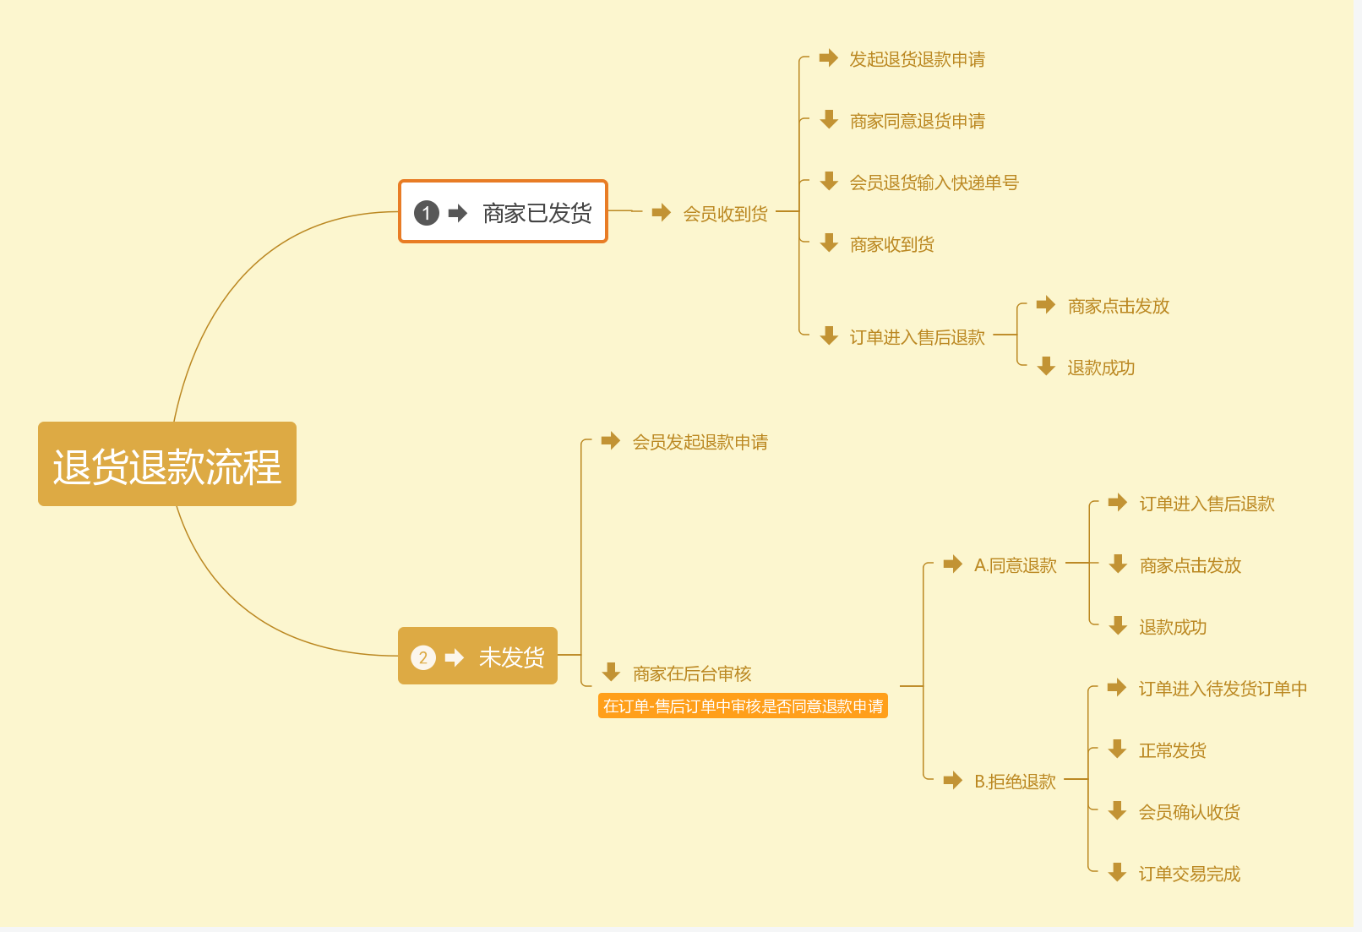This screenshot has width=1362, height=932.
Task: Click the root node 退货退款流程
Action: [167, 465]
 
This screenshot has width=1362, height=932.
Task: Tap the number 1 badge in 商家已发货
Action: [427, 213]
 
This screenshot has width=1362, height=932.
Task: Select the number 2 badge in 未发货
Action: [423, 657]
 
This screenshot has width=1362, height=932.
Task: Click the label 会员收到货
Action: [725, 214]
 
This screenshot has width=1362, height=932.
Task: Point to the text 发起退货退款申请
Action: [917, 59]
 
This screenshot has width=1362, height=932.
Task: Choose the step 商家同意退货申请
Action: [917, 121]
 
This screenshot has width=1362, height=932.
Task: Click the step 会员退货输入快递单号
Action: [934, 183]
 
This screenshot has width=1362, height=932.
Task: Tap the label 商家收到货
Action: [891, 244]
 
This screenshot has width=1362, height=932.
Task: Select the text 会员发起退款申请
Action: [700, 442]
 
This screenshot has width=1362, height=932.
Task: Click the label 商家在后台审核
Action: [692, 673]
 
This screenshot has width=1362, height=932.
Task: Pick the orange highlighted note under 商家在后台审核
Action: [743, 706]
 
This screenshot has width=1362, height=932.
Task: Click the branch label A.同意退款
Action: [1015, 565]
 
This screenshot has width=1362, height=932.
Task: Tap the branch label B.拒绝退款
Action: [1015, 782]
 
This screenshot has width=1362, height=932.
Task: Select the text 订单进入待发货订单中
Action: [1223, 689]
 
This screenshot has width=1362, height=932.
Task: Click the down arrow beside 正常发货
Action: [1118, 749]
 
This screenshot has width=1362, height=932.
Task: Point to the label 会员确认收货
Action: [1189, 812]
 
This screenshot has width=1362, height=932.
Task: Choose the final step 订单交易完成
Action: [1189, 874]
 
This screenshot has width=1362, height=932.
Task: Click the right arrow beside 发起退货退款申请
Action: [829, 58]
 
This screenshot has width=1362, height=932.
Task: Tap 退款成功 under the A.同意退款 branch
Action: [1172, 627]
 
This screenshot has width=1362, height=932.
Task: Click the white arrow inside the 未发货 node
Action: [455, 657]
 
